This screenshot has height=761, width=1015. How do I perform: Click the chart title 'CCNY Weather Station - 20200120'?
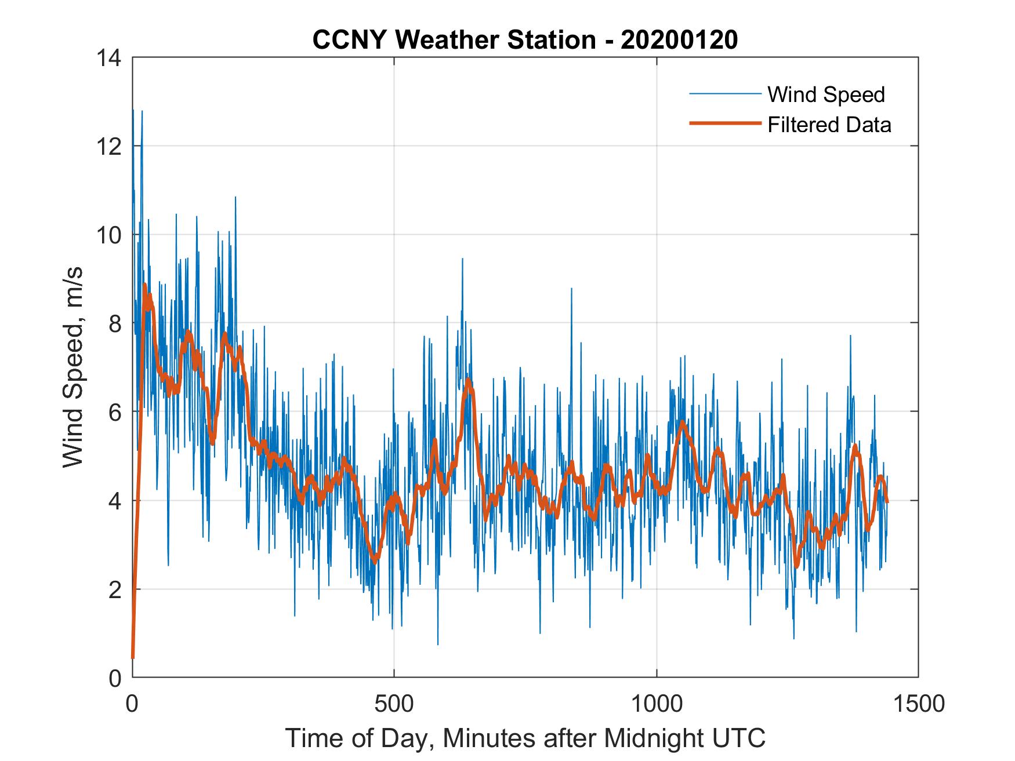[525, 40]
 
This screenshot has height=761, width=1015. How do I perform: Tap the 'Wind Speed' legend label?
[826, 94]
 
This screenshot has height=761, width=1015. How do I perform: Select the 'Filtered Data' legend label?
[829, 125]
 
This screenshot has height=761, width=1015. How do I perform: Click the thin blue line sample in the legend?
[724, 94]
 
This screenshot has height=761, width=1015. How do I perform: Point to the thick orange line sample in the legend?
[724, 123]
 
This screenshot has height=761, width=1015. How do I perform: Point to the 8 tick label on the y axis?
[115, 323]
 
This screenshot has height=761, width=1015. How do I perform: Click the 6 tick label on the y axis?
[115, 412]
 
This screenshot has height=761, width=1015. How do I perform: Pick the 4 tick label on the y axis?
[115, 501]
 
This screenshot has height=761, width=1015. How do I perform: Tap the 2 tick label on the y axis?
[115, 589]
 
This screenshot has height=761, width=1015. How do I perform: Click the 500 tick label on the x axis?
[394, 704]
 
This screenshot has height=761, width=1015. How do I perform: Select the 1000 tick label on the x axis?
[657, 704]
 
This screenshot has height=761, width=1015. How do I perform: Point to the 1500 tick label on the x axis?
[918, 704]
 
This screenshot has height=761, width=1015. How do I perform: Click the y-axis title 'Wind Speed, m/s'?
[73, 367]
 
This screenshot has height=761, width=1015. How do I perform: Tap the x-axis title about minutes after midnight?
[525, 738]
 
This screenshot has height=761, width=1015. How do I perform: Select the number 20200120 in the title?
[679, 40]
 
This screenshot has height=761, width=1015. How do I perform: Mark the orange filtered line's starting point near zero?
[133, 657]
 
